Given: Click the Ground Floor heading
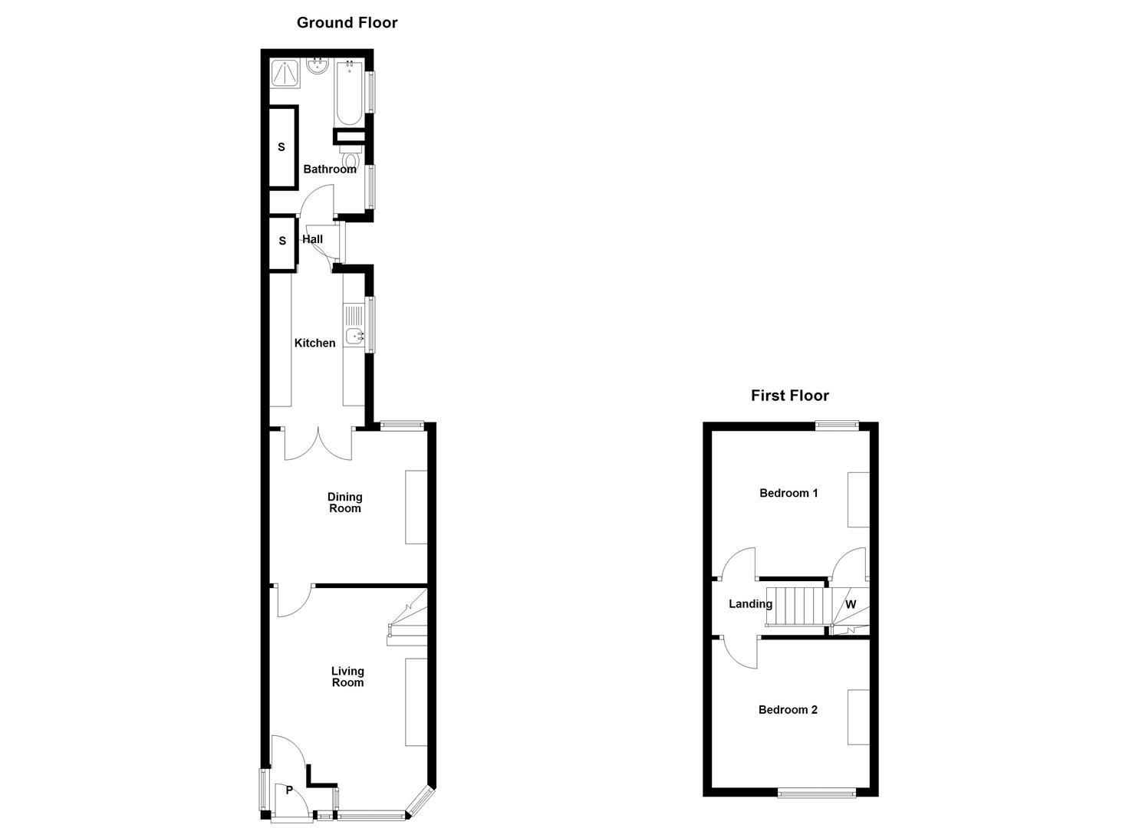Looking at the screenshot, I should tap(347, 23).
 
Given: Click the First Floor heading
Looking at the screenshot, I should tap(789, 396).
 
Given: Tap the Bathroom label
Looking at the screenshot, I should tap(330, 169).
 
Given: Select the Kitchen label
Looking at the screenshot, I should tap(314, 343).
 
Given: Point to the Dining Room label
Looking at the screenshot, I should tap(344, 503).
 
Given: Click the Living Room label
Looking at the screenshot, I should tap(347, 677).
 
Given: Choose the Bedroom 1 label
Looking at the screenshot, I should tap(788, 493).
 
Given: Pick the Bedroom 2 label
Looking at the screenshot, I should tap(788, 710).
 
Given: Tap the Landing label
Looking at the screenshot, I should tap(750, 604).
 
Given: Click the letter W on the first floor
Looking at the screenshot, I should tap(851, 604).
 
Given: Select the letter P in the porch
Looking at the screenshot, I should tap(289, 790).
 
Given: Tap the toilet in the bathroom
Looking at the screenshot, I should tap(351, 159).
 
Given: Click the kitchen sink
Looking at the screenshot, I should tap(354, 335).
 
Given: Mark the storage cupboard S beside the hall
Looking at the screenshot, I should tap(282, 242).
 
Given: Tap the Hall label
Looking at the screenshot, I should tap(312, 239).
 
